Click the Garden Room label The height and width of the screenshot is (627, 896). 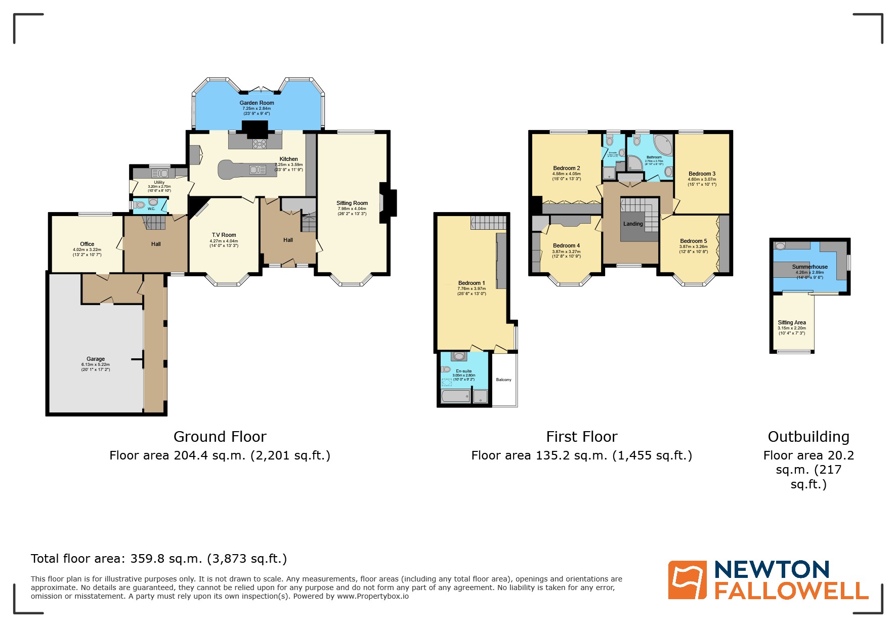[257, 103]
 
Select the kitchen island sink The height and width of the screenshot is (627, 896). [258, 170]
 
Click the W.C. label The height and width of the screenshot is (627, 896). [151, 208]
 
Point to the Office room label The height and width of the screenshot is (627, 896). [87, 244]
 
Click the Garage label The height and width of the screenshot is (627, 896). [96, 359]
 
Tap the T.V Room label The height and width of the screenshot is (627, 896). [224, 235]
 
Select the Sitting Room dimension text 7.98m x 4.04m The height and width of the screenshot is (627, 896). [352, 208]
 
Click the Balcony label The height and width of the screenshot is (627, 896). [503, 380]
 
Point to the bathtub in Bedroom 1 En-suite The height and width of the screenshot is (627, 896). [455, 396]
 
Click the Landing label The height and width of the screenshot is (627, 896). [633, 224]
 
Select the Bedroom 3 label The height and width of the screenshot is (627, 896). [702, 174]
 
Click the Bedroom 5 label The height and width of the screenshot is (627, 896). [693, 241]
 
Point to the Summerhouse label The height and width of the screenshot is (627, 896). [809, 267]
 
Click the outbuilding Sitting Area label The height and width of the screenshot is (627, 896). [792, 322]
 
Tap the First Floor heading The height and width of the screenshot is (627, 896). [582, 437]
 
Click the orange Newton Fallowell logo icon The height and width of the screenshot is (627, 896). [687, 580]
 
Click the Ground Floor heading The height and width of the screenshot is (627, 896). [220, 437]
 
